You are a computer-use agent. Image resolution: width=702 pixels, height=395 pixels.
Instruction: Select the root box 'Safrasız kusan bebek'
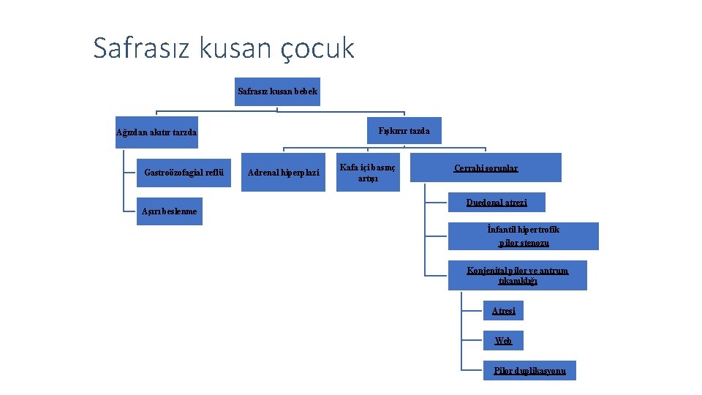(x=278, y=91)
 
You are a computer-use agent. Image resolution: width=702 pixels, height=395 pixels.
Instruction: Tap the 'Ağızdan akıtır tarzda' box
(x=156, y=132)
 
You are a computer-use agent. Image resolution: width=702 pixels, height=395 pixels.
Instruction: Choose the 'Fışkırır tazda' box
(x=404, y=131)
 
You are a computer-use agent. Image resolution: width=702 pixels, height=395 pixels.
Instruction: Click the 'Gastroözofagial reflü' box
(x=184, y=173)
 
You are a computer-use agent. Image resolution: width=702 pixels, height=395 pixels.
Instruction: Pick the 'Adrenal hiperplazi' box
(x=284, y=173)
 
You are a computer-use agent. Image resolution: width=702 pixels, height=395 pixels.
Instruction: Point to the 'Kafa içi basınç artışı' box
(x=368, y=173)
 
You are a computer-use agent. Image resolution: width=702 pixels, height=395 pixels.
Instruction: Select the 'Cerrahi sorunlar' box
(x=486, y=168)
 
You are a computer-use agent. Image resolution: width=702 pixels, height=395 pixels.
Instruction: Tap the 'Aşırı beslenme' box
(x=169, y=211)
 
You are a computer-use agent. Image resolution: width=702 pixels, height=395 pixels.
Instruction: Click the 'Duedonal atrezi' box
(x=497, y=203)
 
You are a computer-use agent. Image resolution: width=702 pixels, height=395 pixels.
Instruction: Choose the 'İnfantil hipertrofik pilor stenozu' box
(x=523, y=236)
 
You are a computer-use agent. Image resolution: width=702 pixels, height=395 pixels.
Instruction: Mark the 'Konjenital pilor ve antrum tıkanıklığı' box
(x=517, y=275)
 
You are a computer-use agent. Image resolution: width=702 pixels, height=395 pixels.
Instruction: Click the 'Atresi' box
(x=503, y=311)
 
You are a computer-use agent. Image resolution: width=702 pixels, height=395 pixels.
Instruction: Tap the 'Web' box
(x=503, y=341)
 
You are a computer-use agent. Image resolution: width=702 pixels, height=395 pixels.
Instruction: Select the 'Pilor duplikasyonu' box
(x=529, y=371)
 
